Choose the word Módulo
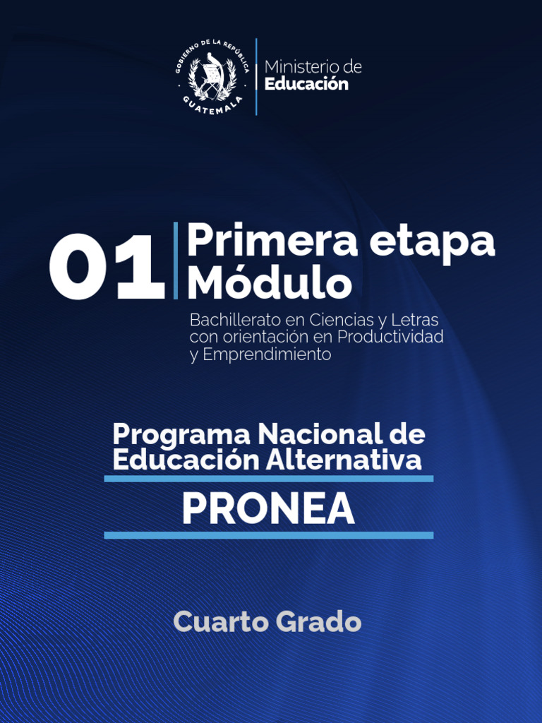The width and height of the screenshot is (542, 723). [x=269, y=283]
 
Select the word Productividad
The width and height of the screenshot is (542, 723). [x=390, y=337]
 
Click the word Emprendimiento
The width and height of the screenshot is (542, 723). [x=267, y=354]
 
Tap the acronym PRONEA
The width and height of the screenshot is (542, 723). [x=268, y=508]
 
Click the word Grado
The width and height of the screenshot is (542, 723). [x=318, y=622]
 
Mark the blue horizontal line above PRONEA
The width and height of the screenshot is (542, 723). [x=268, y=479]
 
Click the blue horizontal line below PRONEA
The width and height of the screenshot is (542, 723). [x=268, y=535]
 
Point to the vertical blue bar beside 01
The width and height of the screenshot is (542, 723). [x=175, y=261]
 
